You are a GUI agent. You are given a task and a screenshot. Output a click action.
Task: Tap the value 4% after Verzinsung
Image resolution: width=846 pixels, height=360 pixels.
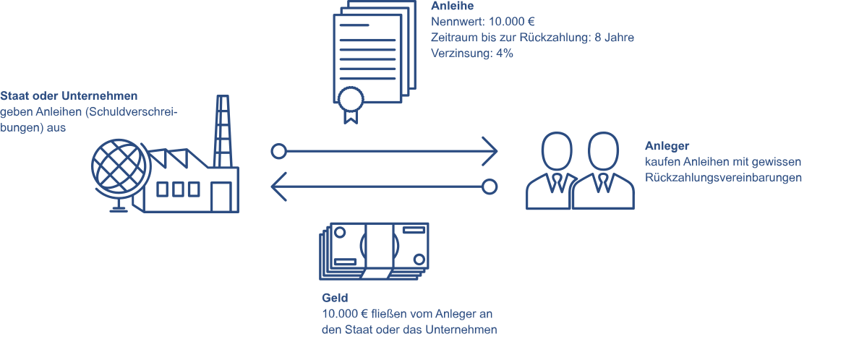(504, 53)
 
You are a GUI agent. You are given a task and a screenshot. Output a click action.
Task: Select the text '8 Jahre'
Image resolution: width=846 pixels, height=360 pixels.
(614, 38)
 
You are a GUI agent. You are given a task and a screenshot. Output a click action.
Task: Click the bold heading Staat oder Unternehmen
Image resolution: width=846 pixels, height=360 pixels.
(69, 95)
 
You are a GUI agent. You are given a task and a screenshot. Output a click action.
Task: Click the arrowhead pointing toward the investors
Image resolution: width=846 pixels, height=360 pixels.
(492, 152)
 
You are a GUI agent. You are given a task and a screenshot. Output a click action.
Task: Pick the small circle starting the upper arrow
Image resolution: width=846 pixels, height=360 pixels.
(278, 152)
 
